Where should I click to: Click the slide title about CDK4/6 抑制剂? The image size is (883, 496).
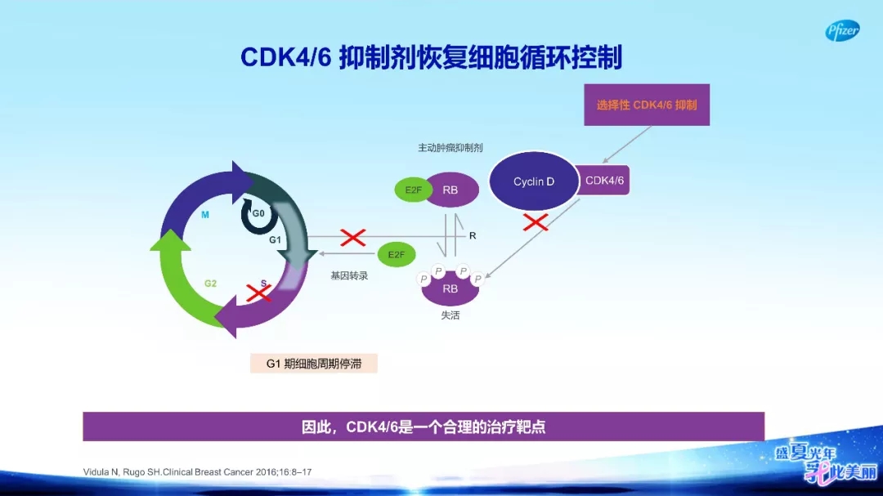point(431,57)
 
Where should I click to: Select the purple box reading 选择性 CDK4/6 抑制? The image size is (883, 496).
point(646,105)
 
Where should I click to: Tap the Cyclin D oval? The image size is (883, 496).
point(534,181)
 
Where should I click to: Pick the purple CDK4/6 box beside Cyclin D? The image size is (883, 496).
point(604,181)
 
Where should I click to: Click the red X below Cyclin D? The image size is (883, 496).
point(536,221)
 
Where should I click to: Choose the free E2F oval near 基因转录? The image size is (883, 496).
point(396,255)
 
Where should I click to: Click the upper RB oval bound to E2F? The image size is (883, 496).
point(450,190)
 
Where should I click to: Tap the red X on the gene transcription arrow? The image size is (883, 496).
point(352,238)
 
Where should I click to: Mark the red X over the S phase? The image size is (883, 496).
point(258,292)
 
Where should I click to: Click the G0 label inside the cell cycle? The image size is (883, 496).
point(258,213)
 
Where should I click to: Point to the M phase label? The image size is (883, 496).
point(205,216)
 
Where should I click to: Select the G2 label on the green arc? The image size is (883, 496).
point(210,284)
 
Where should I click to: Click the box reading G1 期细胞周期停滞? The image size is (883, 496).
point(314,364)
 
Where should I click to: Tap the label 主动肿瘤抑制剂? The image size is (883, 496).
point(450,148)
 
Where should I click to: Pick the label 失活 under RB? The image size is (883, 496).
point(450,315)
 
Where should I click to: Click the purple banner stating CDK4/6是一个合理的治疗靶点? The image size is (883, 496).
point(424,427)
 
